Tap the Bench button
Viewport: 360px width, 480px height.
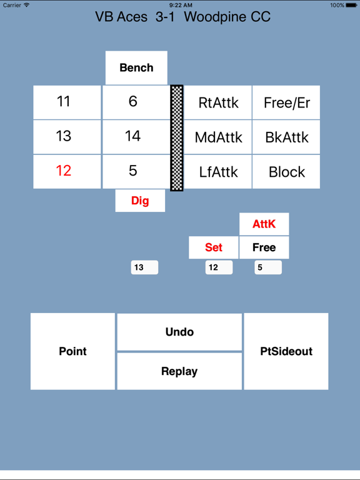click(136, 67)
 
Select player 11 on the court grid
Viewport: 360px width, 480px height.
click(67, 102)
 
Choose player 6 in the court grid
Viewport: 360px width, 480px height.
click(136, 102)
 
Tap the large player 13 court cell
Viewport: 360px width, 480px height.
click(67, 137)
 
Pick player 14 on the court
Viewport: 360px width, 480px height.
click(136, 137)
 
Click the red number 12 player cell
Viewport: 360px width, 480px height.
click(67, 171)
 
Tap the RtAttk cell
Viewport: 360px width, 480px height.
click(218, 102)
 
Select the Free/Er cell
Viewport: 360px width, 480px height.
click(286, 102)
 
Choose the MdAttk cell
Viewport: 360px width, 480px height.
click(218, 137)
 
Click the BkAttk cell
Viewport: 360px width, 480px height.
click(286, 137)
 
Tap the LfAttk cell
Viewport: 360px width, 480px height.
click(218, 171)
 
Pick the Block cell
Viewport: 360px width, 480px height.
click(286, 171)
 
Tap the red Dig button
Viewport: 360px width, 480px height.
click(140, 201)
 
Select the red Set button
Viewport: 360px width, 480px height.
click(214, 247)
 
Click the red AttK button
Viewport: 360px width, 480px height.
click(264, 224)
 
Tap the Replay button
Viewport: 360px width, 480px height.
click(179, 371)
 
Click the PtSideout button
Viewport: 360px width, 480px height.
click(286, 351)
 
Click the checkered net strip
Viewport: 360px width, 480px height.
click(177, 138)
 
